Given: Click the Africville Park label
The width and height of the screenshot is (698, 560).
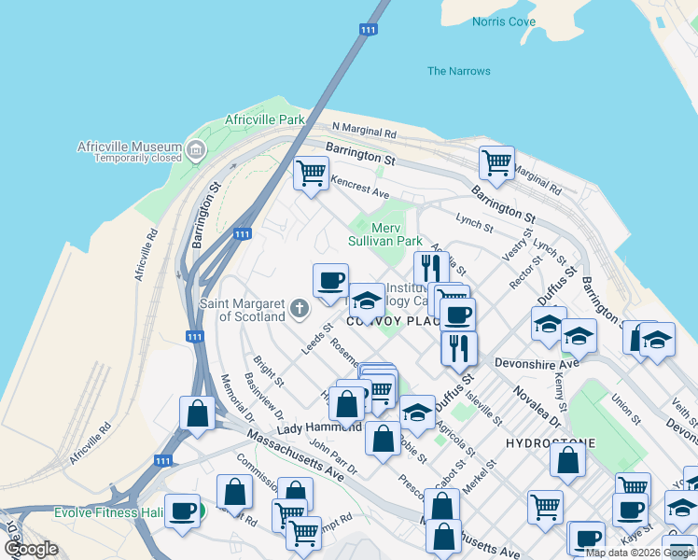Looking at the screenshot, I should pyautogui.click(x=265, y=120).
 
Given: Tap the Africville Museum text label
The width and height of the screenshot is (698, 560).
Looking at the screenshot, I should pyautogui.click(x=129, y=147).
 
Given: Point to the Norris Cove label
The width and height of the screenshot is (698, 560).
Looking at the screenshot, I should pyautogui.click(x=504, y=21).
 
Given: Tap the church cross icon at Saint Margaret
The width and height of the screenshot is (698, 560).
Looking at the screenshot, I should pyautogui.click(x=299, y=306).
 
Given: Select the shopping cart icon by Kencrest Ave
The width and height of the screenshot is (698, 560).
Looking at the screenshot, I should pyautogui.click(x=311, y=172).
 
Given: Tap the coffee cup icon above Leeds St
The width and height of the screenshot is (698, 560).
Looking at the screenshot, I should pyautogui.click(x=330, y=279).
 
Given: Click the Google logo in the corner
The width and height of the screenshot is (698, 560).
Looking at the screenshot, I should pyautogui.click(x=31, y=549).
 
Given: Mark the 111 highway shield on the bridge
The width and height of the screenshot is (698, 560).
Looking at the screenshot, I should pyautogui.click(x=369, y=31).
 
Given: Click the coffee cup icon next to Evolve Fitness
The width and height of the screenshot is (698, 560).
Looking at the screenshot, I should pyautogui.click(x=181, y=510).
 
